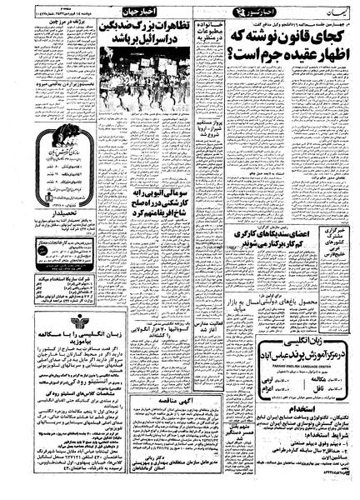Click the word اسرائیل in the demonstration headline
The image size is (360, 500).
point(137,41)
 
